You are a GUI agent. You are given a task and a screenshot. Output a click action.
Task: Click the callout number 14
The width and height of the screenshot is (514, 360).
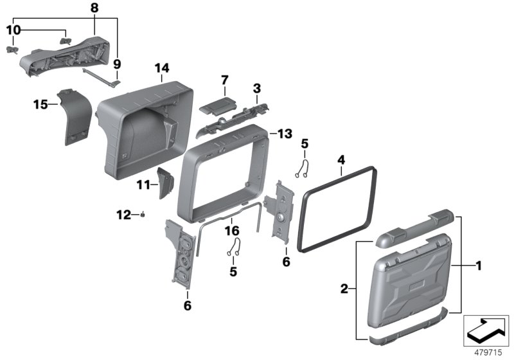[x=161, y=67]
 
